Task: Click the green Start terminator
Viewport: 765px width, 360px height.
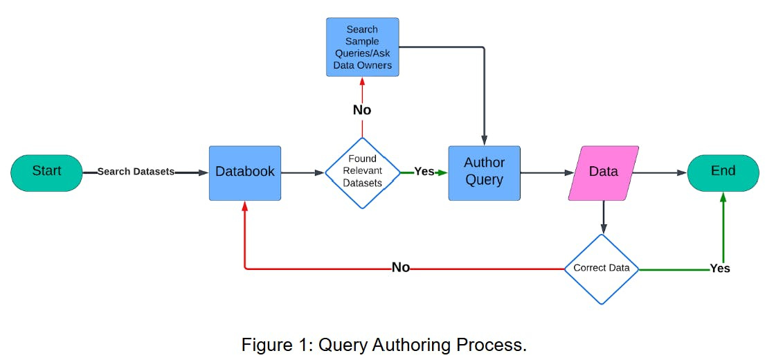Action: [x=46, y=172]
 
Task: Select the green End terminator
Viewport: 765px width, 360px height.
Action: [x=723, y=172]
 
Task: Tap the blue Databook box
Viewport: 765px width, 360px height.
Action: [x=245, y=172]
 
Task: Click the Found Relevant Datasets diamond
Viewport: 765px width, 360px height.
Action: [x=362, y=172]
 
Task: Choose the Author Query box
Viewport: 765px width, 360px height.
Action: [x=484, y=172]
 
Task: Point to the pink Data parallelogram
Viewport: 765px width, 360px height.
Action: [x=603, y=172]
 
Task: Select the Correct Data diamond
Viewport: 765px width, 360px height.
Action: [x=601, y=269]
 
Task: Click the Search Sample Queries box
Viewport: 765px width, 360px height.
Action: [x=362, y=47]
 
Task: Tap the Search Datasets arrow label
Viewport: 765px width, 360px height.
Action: [x=136, y=172]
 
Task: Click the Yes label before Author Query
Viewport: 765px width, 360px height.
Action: [x=424, y=172]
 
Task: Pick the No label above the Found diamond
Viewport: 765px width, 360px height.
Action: [x=362, y=110]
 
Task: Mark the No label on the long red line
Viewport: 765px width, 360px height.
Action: [x=401, y=268]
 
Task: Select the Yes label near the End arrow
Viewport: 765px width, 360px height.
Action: [x=719, y=268]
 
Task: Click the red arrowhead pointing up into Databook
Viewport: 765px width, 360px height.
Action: [x=244, y=206]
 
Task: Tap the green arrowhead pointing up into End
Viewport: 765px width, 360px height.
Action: [x=723, y=197]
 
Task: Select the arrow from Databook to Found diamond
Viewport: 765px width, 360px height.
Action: [x=303, y=172]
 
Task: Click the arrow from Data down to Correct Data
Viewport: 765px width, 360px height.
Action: [x=603, y=217]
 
